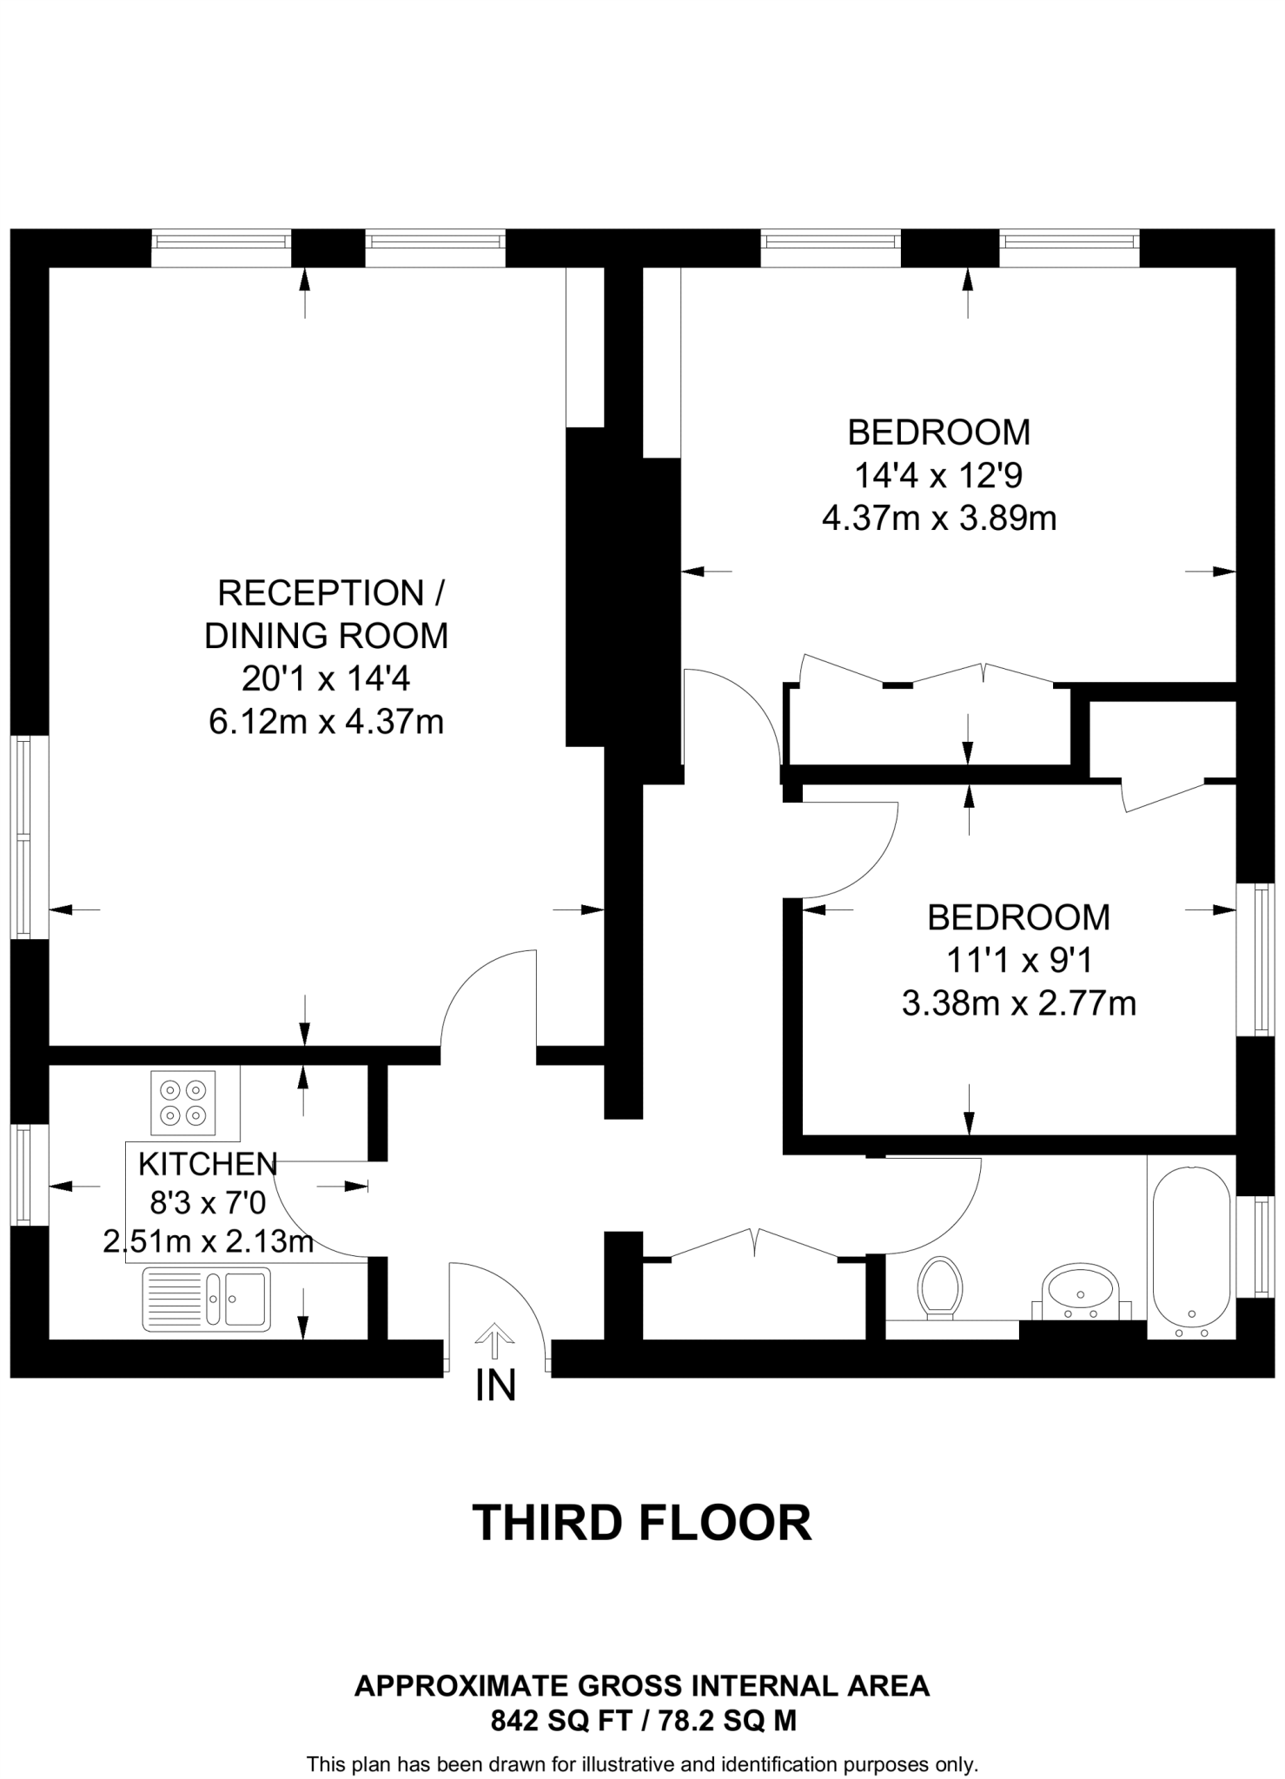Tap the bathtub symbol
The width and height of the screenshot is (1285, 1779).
(x=1190, y=1247)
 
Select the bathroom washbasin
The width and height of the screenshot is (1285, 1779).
(x=1081, y=1291)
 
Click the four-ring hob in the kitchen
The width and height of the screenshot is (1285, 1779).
(x=183, y=1102)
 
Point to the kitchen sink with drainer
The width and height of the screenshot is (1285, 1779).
(x=207, y=1300)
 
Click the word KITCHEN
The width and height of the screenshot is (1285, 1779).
(x=208, y=1164)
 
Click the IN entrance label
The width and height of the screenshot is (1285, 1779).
(x=495, y=1385)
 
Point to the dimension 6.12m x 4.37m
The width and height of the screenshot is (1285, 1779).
(x=326, y=722)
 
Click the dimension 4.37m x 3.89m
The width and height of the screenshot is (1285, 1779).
(x=939, y=519)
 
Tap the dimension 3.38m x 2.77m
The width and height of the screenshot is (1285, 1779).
(x=1018, y=1003)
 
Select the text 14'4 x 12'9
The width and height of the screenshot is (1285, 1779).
(x=939, y=475)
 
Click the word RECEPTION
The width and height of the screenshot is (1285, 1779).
(x=321, y=593)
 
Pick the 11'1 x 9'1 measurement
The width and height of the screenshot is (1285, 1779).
(x=1018, y=961)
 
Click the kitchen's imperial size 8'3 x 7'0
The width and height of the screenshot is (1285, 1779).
(x=208, y=1203)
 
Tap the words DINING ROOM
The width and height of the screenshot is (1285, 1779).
(x=326, y=636)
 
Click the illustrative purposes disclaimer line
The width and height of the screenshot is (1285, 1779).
(x=642, y=1764)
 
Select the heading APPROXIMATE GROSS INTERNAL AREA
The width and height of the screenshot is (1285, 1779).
(x=642, y=1686)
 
